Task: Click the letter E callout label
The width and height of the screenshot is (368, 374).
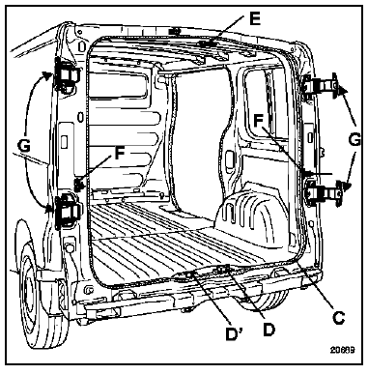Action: click(x=255, y=20)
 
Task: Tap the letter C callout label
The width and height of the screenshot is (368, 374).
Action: click(x=339, y=317)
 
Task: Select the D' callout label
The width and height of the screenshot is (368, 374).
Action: click(x=234, y=334)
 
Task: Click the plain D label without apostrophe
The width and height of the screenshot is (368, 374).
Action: click(x=269, y=330)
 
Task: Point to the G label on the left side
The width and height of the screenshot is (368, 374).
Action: click(x=24, y=146)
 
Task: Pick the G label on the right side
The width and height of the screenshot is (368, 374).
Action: click(x=354, y=140)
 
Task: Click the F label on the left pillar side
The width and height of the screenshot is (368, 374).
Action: click(x=119, y=153)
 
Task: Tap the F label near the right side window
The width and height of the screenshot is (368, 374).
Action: click(x=258, y=121)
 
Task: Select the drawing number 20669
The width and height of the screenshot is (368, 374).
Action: click(x=342, y=349)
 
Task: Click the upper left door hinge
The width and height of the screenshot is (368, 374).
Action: click(x=67, y=75)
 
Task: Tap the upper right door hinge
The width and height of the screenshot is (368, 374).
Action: click(x=322, y=86)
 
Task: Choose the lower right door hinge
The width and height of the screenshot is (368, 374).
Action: click(x=325, y=191)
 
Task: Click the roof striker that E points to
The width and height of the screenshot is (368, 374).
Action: click(x=206, y=43)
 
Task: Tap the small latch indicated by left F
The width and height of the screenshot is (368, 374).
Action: click(x=79, y=185)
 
